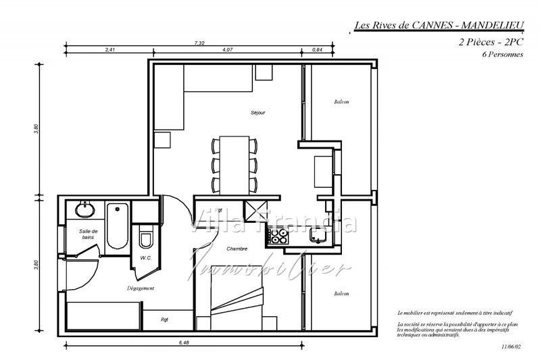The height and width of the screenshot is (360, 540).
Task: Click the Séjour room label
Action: coord(257,112)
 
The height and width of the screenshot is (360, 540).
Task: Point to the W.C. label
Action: coord(145,257)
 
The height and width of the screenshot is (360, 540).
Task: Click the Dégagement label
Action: coord(141,288)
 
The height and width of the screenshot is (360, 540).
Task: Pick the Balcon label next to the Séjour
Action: coord(341,102)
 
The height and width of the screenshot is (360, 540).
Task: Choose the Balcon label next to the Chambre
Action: coord(341,293)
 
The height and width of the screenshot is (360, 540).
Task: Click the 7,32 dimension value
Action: coord(199,43)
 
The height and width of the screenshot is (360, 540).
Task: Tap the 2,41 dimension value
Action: coord(111,50)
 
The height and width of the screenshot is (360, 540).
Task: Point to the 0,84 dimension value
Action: coord(316,50)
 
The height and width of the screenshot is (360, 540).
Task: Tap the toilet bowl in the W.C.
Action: coord(145,239)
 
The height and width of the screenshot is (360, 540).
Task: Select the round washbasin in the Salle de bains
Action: coord(85,210)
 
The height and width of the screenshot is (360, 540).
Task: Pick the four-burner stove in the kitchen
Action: coord(278,236)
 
